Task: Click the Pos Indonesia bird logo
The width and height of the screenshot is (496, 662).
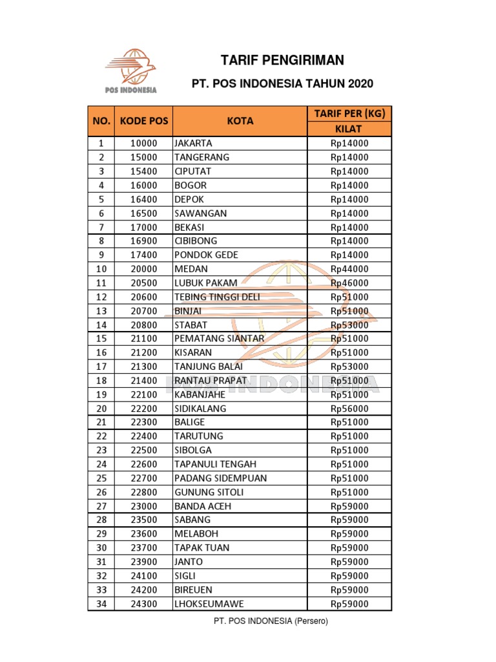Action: coord(132,67)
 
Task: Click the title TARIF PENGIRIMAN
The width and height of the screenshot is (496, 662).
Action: coord(282,61)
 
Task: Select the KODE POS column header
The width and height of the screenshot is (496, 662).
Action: coord(143,121)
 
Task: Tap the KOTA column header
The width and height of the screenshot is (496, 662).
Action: coord(240,121)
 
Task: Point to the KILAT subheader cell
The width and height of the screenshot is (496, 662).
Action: coord(349,129)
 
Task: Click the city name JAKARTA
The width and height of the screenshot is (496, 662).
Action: coord(193,143)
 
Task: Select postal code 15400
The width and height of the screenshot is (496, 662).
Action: coord(143,171)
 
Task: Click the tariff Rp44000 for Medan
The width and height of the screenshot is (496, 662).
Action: coord(349,269)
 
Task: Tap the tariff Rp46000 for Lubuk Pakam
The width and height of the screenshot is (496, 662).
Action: coord(349,283)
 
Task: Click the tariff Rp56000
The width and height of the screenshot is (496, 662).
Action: coord(349,409)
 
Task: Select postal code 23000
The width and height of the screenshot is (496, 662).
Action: coord(143,506)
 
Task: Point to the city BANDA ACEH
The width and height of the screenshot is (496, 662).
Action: coord(202,506)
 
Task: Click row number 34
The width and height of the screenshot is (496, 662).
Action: coord(101,604)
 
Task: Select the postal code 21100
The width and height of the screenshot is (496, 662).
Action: coord(143,339)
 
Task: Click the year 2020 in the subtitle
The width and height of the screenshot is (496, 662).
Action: coord(360,84)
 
